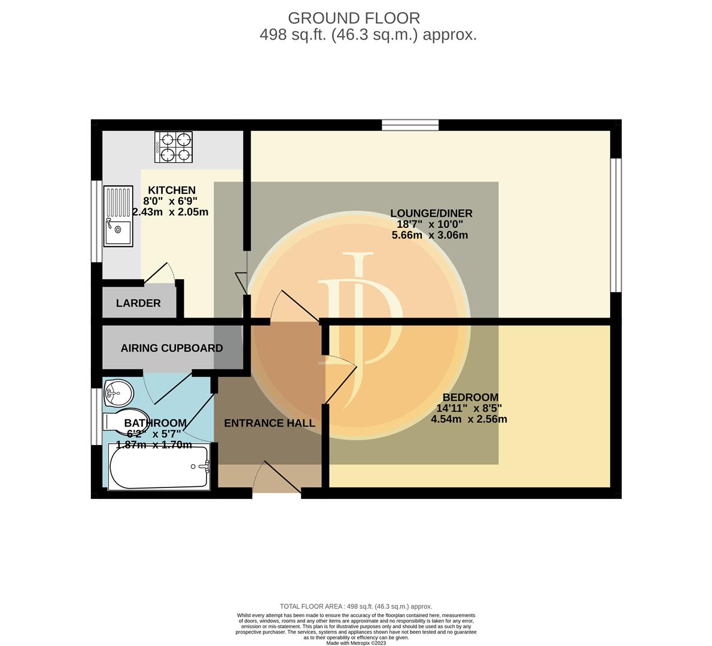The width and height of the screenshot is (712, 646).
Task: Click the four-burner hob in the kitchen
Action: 174,147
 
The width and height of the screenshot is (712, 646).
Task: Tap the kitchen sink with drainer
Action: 118,216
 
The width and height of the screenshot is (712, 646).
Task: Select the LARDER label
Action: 138,303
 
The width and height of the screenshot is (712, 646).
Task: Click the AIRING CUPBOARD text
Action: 172,348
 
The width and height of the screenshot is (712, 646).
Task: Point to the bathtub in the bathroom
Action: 159,467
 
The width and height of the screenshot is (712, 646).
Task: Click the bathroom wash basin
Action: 118,393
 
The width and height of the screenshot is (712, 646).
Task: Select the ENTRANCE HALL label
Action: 269,423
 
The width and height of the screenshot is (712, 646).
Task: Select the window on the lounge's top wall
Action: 410,125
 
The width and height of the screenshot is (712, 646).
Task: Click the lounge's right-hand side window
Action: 616,225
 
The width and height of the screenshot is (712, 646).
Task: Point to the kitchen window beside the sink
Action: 96,221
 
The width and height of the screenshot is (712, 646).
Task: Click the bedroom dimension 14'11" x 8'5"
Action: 469,408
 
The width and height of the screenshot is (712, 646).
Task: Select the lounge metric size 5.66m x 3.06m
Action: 430,235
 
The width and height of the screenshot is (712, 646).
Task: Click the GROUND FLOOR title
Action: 354,18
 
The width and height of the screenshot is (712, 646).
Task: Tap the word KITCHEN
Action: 172,190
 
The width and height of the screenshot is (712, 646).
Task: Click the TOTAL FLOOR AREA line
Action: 356,607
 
